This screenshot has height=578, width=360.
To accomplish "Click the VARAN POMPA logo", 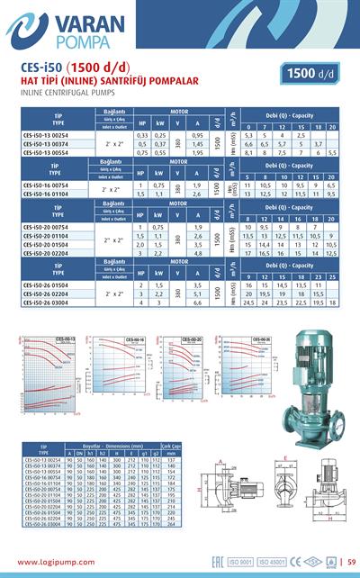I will tap(54, 32).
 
